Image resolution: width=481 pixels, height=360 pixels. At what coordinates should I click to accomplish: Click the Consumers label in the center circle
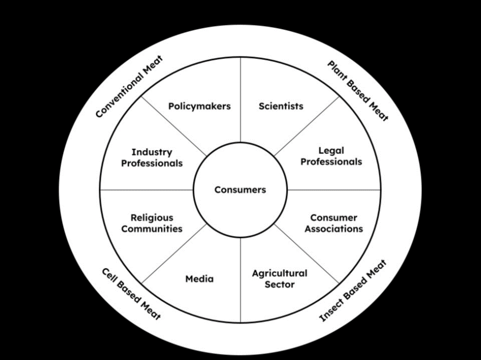click(x=240, y=190)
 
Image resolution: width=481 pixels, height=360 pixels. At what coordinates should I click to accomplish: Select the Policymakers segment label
click(x=199, y=106)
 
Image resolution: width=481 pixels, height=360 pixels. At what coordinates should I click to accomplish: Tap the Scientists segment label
click(x=280, y=106)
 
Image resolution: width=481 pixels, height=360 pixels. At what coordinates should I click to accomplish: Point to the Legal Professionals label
click(x=331, y=156)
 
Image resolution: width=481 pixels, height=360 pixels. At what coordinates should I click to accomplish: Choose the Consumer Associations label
click(x=333, y=223)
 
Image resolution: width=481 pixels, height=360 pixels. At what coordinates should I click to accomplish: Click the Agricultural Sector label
click(x=279, y=279)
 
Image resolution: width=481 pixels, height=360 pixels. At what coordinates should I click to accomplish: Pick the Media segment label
click(x=200, y=279)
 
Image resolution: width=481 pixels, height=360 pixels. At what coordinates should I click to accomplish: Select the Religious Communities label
click(x=152, y=223)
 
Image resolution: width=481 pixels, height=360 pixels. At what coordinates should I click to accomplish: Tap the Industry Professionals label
click(x=152, y=158)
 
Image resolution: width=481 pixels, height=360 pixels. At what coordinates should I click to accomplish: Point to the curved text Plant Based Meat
click(x=357, y=91)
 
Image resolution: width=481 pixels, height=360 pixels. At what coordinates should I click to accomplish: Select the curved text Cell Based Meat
click(x=131, y=293)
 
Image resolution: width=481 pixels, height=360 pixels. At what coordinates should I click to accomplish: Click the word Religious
click(x=152, y=218)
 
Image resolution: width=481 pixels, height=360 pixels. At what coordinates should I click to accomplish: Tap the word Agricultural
click(x=279, y=274)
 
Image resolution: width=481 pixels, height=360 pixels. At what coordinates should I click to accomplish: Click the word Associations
click(x=333, y=229)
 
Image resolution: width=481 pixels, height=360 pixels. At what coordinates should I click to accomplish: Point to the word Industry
click(x=152, y=152)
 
